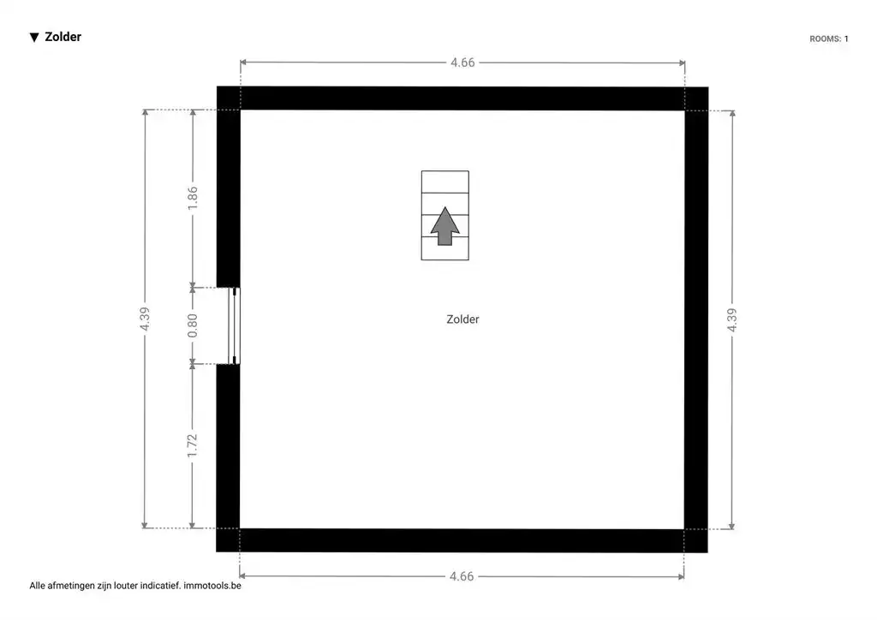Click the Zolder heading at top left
point(63,37)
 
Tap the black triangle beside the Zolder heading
point(34,38)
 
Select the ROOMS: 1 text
point(828,39)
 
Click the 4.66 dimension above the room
point(462,63)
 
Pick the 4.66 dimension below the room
point(462,576)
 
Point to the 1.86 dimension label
point(193,199)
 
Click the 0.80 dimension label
point(193,325)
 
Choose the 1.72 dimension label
point(193,445)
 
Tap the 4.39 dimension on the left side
point(145,319)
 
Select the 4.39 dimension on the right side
point(732,319)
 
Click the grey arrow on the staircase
point(445,226)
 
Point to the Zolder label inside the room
point(462,319)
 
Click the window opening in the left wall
point(235,326)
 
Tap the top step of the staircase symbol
point(445,182)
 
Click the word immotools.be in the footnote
point(212,586)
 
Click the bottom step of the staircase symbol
point(445,249)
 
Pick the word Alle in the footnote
point(38,586)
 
